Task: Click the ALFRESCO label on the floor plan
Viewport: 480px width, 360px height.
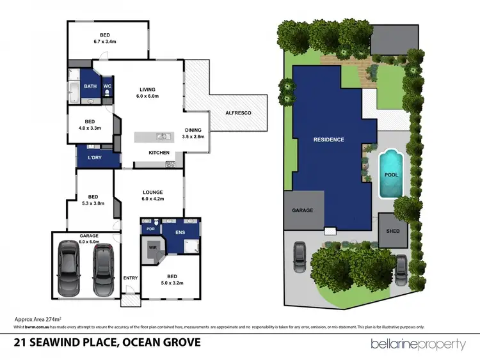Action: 238,113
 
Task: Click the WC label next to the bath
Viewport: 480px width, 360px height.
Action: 108,86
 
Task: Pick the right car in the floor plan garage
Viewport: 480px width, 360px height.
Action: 103,267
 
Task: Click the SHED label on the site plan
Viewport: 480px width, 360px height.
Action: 392,231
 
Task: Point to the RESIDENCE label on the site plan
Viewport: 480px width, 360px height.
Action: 328,139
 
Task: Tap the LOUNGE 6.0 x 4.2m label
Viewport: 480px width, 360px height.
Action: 153,195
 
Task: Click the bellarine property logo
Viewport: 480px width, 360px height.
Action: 419,344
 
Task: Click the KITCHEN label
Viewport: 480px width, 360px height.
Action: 158,153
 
